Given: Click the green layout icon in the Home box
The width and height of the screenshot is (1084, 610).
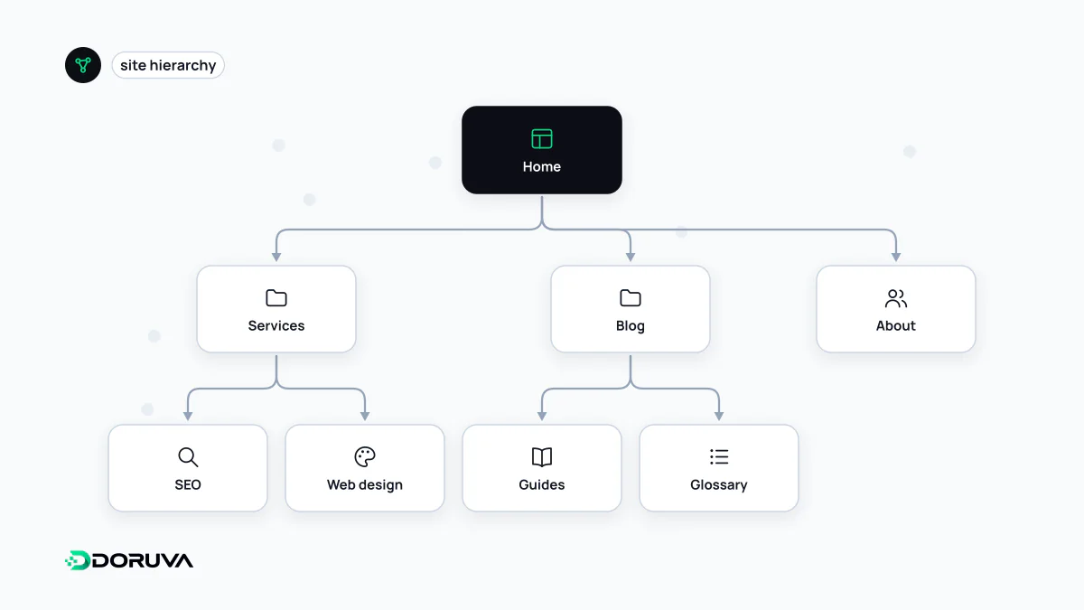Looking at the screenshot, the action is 541,139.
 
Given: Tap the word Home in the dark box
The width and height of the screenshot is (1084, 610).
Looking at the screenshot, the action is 541,166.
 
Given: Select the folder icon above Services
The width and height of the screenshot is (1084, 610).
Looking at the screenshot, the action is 276,297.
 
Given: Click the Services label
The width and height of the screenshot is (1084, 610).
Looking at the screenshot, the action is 276,326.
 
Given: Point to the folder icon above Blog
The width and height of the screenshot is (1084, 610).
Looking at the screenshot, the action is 631,297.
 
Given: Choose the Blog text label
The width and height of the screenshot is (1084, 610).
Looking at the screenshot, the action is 631,326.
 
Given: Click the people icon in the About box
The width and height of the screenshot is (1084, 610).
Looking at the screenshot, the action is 896,298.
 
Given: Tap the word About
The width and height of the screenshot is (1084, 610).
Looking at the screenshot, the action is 896,326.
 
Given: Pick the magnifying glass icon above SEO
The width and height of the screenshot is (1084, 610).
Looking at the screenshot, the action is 188,457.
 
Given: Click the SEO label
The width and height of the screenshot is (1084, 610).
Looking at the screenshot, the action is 188,484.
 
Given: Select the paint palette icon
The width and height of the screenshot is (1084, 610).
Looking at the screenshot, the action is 365,456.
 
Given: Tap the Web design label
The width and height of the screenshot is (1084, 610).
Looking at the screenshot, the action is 365,484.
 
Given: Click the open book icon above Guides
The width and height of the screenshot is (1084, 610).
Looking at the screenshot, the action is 541,457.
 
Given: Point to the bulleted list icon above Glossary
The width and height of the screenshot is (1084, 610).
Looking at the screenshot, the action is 719,456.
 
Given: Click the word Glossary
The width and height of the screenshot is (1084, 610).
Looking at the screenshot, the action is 719,484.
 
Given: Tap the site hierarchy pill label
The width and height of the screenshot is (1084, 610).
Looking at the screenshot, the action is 168,65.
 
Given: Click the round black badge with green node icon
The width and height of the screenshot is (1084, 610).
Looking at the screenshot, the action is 83,65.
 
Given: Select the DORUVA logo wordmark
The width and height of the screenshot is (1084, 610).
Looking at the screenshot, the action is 128,560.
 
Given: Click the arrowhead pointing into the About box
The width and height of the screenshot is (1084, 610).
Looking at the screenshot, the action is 896,257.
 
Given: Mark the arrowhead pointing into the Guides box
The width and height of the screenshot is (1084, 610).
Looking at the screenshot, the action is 541,416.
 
